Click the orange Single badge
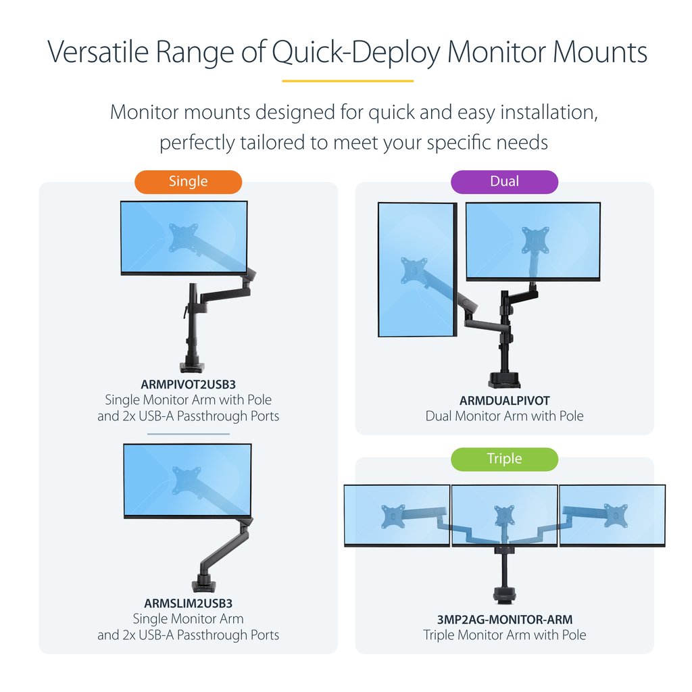click(x=188, y=182)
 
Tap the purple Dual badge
click(x=504, y=182)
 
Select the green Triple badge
click(x=504, y=459)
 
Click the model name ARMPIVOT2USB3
click(x=188, y=385)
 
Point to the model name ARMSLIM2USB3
click(x=188, y=603)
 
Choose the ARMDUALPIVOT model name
click(x=504, y=401)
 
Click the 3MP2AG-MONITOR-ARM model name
click(x=504, y=619)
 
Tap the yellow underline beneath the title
click(x=347, y=81)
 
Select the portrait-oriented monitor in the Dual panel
click(x=416, y=269)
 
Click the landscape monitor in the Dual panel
click(x=533, y=241)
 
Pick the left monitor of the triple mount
click(x=396, y=515)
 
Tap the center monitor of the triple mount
click(x=504, y=515)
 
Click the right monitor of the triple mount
click(x=612, y=515)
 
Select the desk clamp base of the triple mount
click(x=504, y=596)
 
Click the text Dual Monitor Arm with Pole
click(x=504, y=416)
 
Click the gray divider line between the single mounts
click(x=188, y=434)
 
